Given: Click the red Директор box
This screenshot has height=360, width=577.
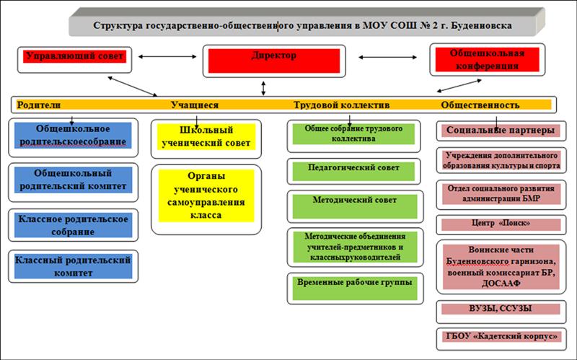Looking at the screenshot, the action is [x=274, y=61].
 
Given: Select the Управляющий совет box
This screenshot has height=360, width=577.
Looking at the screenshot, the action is [x=75, y=60].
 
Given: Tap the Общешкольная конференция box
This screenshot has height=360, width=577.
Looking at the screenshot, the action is [x=488, y=60].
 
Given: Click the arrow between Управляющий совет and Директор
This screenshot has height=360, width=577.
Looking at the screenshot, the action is [x=167, y=57].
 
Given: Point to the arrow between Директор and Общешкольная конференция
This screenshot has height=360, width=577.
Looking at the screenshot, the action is [x=387, y=57].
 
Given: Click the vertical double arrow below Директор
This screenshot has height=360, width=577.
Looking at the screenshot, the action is [x=263, y=88].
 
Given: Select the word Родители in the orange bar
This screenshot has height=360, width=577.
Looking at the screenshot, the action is [x=39, y=105].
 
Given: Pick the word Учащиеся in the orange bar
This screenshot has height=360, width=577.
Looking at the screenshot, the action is [x=195, y=105].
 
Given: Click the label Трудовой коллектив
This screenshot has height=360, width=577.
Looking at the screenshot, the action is [x=341, y=105].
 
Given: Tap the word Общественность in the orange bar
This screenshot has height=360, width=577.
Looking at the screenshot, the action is [x=480, y=105].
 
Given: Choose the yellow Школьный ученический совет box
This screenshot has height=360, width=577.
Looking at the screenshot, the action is [x=206, y=139].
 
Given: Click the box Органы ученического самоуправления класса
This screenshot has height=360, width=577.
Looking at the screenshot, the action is [x=206, y=199].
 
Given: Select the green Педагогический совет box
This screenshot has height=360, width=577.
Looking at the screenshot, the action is [x=353, y=171].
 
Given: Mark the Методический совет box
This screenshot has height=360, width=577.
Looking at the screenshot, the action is [x=355, y=206].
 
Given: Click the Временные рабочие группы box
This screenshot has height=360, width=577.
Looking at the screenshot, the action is [x=355, y=289].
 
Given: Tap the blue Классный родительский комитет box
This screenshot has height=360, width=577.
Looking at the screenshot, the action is [x=74, y=266].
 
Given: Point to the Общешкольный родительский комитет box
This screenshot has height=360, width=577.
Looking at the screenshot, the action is [x=74, y=183].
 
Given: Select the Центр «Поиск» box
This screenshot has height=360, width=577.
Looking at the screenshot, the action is [x=501, y=225].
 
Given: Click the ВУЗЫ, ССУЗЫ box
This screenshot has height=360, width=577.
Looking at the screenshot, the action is [x=501, y=312].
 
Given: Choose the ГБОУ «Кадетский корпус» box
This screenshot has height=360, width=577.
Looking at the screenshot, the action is [x=501, y=339].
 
